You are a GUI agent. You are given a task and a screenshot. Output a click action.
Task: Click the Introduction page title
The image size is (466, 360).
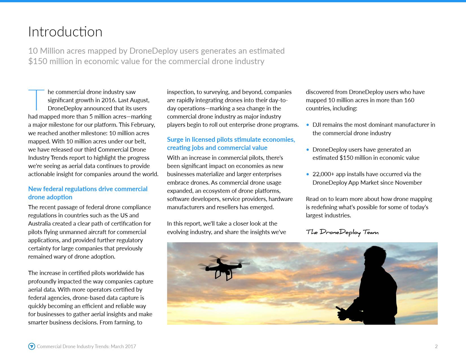click(65, 32)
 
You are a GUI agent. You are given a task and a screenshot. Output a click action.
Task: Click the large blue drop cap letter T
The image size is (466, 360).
click(36, 100)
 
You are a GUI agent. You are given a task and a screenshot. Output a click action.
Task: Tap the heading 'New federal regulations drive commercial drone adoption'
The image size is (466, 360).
click(88, 193)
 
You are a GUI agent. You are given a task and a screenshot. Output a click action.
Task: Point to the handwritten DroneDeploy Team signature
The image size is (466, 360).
click(342, 232)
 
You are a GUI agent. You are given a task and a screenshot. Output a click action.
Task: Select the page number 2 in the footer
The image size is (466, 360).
click(436, 346)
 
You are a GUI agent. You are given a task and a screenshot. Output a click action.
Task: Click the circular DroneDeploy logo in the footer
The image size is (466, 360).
click(32, 346)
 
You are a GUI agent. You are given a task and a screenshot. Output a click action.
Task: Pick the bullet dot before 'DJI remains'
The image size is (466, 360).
click(308, 125)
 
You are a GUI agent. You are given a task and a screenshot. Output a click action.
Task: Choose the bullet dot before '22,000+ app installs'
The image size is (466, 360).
click(308, 174)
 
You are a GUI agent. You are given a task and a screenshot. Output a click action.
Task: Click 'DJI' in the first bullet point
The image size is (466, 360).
click(317, 125)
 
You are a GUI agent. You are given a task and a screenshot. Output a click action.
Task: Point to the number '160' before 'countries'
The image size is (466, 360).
click(409, 100)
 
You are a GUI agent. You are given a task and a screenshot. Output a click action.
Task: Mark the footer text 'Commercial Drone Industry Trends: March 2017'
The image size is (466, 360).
click(86, 346)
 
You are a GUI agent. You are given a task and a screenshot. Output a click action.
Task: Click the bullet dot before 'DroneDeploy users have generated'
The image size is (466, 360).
click(308, 150)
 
